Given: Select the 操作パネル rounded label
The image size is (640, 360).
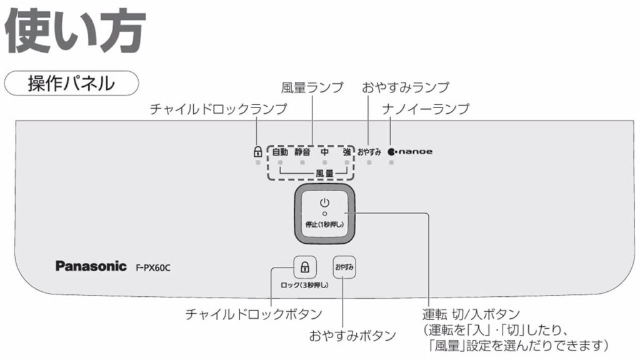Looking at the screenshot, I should (x=71, y=83).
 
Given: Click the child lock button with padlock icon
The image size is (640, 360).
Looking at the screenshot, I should (x=304, y=267).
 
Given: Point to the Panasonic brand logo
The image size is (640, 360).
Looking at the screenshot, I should (x=91, y=266).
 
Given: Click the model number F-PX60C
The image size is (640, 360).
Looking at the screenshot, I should (x=153, y=267).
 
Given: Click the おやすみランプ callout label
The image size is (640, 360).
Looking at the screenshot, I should (x=406, y=87).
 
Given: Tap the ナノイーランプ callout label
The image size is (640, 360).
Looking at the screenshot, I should (x=426, y=109).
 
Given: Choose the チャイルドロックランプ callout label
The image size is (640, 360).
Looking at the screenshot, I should (x=218, y=109).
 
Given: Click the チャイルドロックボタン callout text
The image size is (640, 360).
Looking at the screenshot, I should (x=254, y=313).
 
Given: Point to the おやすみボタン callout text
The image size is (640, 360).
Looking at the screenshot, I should (x=352, y=336).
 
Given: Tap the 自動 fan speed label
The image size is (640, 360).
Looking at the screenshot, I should (x=280, y=152).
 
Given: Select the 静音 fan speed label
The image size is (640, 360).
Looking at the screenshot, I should (x=302, y=152).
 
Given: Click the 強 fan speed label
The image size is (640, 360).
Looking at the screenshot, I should (x=347, y=152).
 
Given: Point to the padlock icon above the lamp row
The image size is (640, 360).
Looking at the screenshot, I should (x=257, y=151).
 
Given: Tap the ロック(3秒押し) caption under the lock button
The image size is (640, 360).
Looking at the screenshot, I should (x=304, y=286).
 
